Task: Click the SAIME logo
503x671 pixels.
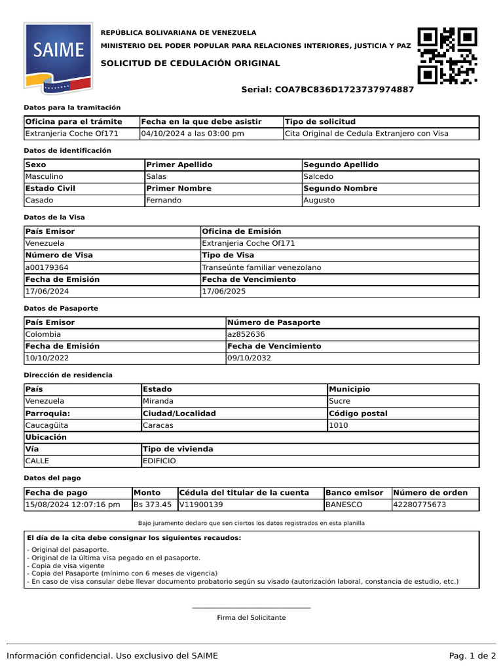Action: point(54,58)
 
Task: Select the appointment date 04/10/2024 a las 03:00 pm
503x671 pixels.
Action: point(193,134)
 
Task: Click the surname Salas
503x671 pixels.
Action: point(156,176)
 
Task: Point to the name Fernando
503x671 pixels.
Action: point(164,200)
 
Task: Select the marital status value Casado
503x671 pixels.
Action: point(39,200)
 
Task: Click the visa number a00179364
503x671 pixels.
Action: point(47,267)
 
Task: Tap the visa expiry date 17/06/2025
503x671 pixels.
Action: point(224,291)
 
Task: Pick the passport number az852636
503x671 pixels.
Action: point(247,334)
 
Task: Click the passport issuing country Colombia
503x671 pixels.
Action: point(43,334)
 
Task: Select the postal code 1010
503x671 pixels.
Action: point(339,425)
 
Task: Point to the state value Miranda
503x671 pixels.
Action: point(158,401)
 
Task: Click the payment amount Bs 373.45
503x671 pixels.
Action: point(153,505)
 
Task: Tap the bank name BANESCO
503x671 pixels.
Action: point(344,505)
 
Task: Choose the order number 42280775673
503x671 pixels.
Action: point(420,505)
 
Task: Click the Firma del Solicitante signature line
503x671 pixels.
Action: point(251,609)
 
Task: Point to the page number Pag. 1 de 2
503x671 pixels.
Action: point(472,656)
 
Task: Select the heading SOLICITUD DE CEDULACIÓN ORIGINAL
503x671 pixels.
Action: point(190,64)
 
